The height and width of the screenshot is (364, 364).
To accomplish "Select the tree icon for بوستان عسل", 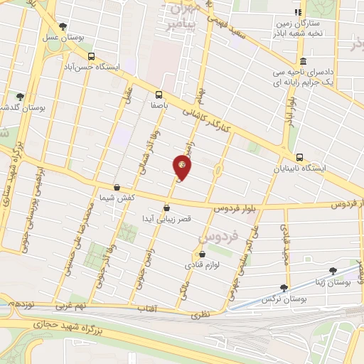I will [63, 26].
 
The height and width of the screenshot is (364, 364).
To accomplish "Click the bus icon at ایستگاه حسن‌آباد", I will [91, 56].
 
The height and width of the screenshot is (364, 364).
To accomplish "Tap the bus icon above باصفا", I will [159, 94].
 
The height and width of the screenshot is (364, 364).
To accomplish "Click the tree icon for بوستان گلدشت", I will [20, 97].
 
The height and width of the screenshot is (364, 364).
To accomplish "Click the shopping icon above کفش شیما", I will [117, 188].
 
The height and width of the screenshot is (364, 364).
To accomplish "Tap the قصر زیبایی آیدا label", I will [166, 219].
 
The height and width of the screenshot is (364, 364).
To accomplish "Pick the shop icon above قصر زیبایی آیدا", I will [166, 208].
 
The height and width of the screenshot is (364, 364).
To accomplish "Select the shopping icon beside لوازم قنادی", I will [203, 254].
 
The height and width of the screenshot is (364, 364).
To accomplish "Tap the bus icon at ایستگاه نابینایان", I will [299, 158].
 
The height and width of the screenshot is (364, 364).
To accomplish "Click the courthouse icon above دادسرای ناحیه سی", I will [304, 61].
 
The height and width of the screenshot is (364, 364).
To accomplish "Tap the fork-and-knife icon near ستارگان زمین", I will [298, 12].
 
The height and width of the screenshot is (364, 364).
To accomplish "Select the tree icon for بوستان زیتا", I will [333, 271].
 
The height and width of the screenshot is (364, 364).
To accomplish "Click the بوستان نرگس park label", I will [284, 299].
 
